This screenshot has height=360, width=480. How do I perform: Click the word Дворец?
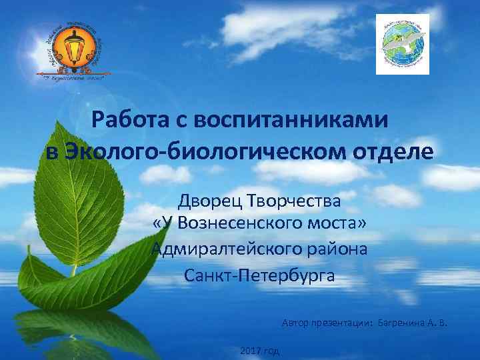point(208,199)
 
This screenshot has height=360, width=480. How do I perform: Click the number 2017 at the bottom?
point(249,351)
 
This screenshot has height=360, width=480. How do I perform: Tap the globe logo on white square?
point(403,44)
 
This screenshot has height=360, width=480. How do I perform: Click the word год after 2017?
point(271,351)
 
